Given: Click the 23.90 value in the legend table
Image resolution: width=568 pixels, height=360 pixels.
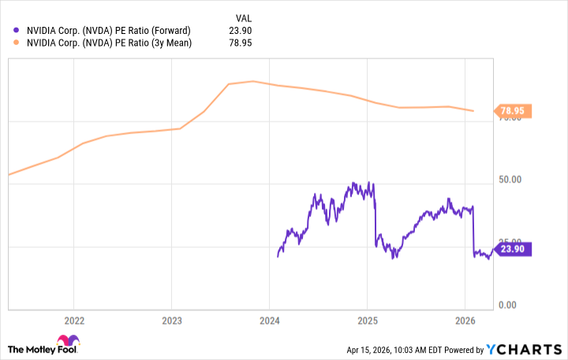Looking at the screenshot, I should (x=241, y=30).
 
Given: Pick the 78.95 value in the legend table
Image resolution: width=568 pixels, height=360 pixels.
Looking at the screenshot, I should (x=241, y=43).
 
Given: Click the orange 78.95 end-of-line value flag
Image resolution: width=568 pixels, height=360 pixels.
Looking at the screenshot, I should (x=514, y=111).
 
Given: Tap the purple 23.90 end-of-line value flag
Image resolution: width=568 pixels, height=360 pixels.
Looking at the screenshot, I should (x=514, y=249).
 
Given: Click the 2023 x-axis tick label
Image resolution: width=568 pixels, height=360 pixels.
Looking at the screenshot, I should (x=172, y=321).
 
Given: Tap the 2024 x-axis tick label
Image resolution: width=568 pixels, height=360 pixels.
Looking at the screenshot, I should (x=270, y=321).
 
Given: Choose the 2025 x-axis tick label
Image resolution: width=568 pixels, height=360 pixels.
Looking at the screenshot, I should (x=368, y=321).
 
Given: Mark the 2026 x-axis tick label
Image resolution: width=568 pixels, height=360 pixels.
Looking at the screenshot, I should (x=465, y=321).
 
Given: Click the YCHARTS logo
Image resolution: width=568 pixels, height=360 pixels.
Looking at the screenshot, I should (x=522, y=349).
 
